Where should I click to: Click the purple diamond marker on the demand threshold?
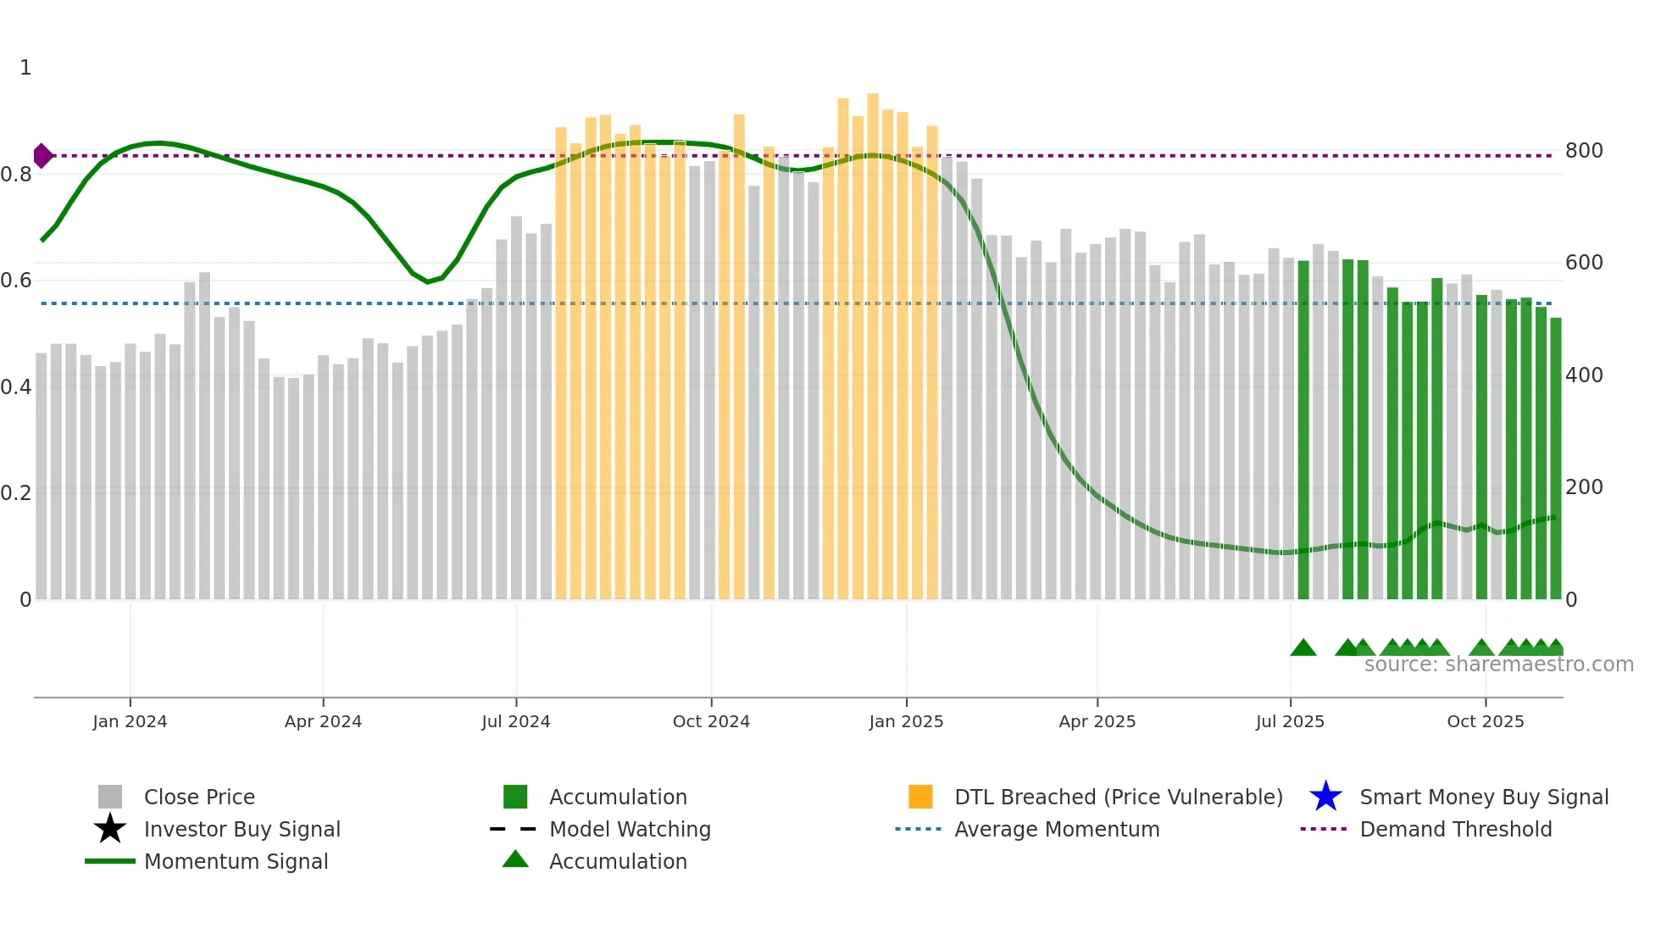pos(42,156)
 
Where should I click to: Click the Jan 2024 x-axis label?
pos(130,721)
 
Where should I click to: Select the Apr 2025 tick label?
pos(1097,721)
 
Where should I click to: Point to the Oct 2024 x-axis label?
pos(711,721)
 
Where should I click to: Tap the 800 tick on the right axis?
pos(1583,151)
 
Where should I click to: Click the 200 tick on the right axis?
pos(1583,487)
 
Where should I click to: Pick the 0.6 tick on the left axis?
pos(16,281)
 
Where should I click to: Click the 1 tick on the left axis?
pos(25,68)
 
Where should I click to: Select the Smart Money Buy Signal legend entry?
pos(1483,797)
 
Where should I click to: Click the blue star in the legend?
pos(1325,797)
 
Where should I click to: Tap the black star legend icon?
pos(110,829)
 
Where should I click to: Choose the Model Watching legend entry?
pos(630,829)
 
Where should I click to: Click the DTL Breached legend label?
pos(1118,797)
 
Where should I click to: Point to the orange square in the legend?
pos(920,797)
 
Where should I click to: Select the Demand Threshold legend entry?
pos(1455,829)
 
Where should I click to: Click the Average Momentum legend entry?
pos(1056,829)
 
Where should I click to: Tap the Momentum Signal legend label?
pos(236,861)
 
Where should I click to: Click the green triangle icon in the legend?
pos(515,859)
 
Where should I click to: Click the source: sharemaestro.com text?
pos(1498,664)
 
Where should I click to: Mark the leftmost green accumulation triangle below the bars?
pos(1303,648)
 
